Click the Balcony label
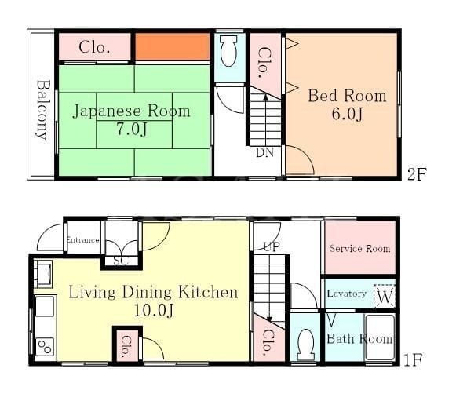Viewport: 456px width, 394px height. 43,110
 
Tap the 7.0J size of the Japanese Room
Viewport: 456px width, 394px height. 132,130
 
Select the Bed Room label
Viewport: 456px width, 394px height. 347,96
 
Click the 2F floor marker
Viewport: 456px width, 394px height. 417,174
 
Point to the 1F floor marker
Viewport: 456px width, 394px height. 413,360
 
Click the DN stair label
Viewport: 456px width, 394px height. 264,152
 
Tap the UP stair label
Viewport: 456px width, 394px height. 272,247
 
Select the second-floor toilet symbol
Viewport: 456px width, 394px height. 229,51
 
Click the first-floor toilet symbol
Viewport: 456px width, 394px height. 305,345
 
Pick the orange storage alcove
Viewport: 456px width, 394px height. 172,47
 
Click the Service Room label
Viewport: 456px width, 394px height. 359,249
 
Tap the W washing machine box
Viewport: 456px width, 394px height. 385,297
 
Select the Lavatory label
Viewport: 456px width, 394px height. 346,294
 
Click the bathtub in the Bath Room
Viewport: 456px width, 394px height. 380,337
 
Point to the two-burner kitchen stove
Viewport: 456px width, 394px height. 45,347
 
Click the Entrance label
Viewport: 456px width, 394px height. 83,240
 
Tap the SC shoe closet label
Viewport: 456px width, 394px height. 121,261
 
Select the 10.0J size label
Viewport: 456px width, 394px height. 154,310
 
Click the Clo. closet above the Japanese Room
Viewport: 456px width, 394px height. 94,47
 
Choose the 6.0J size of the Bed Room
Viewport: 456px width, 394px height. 347,114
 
